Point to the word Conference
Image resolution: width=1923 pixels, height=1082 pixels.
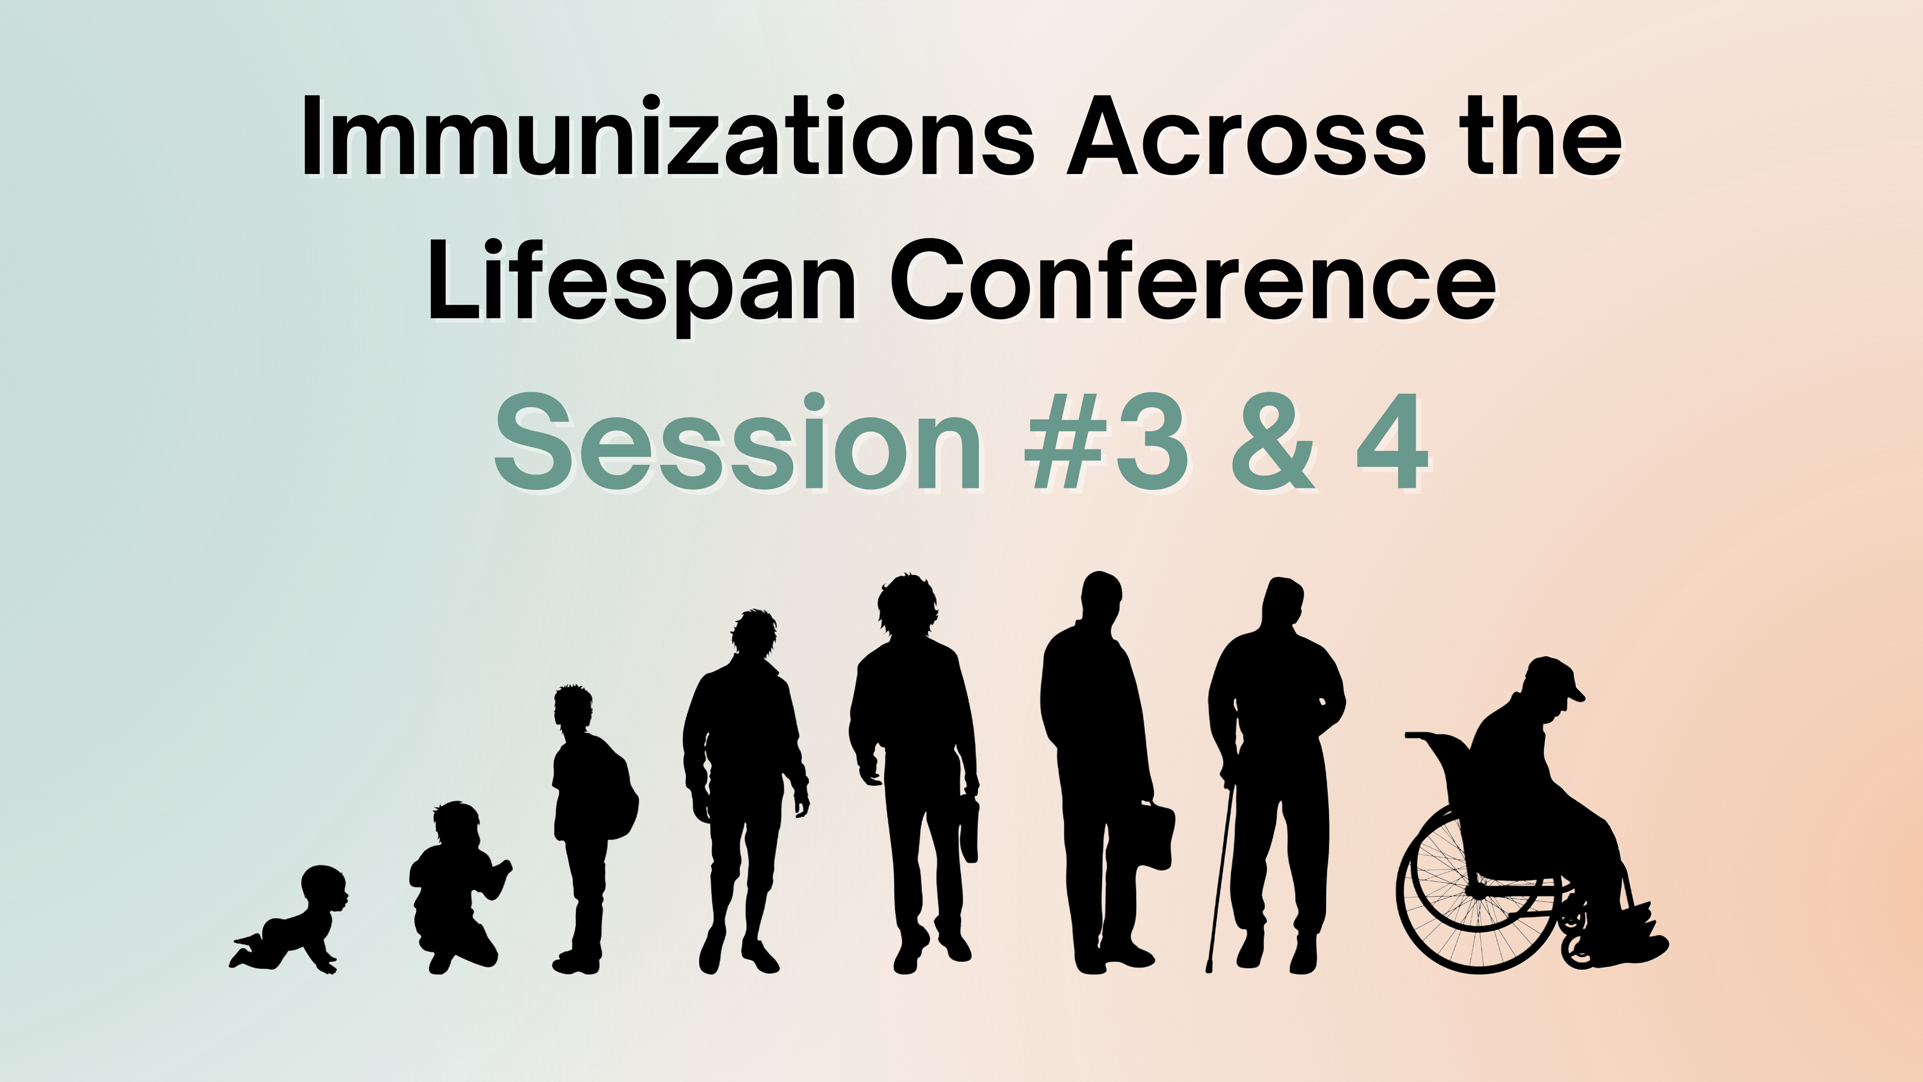point(1193,281)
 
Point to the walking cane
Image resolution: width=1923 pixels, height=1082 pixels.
point(1220,876)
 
